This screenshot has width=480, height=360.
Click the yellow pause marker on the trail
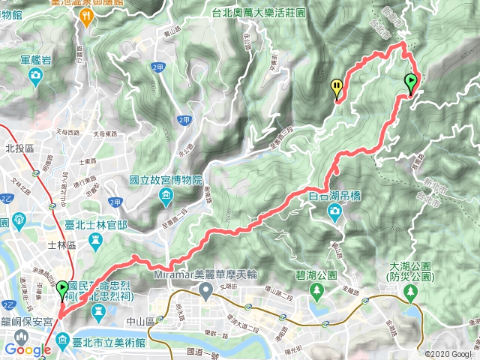337,87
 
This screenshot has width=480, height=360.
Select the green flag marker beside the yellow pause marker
411,82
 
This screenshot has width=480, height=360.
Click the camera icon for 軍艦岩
35,75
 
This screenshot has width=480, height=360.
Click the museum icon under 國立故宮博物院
166,197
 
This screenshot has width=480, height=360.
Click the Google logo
27,349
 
